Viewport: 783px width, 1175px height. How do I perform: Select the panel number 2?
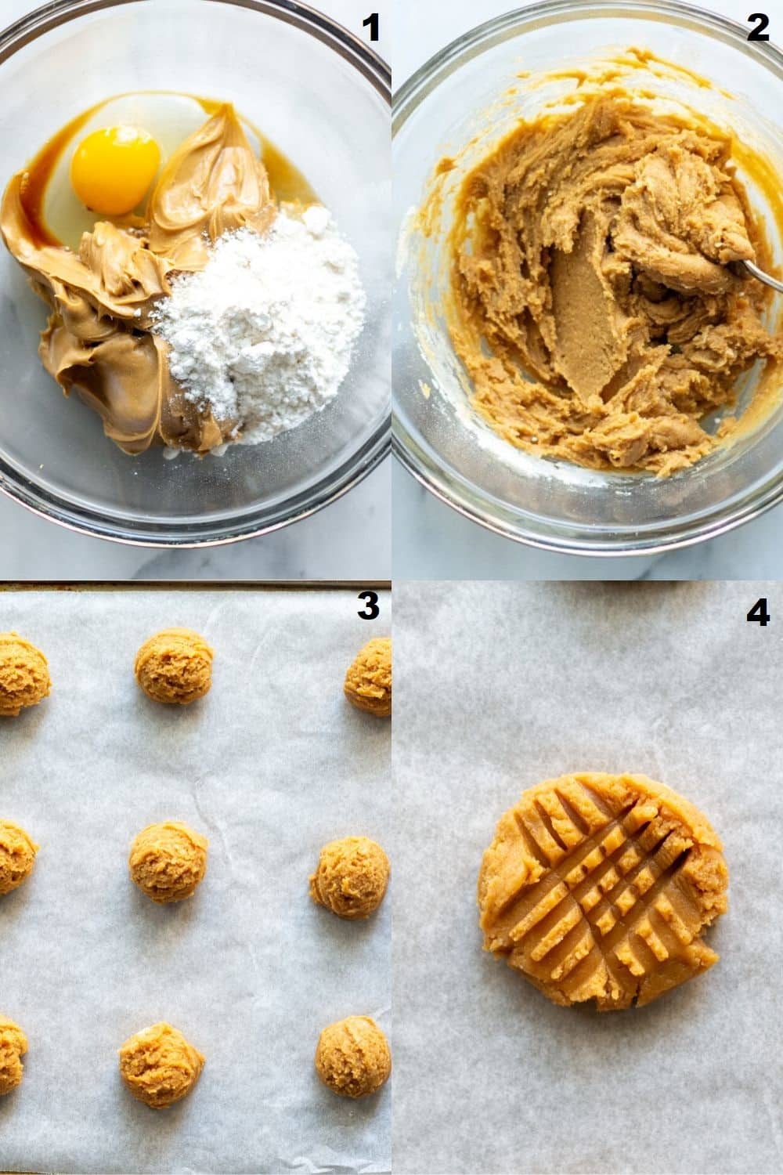pyautogui.click(x=758, y=28)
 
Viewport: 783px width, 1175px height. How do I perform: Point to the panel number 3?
pyautogui.click(x=368, y=607)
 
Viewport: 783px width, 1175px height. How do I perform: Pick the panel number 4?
pyautogui.click(x=757, y=613)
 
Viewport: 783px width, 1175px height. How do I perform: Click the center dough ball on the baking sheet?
pyautogui.click(x=168, y=862)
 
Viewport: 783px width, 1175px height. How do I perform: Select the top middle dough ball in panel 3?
pyautogui.click(x=173, y=670)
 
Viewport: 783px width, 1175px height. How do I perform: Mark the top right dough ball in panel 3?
pyautogui.click(x=370, y=678)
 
